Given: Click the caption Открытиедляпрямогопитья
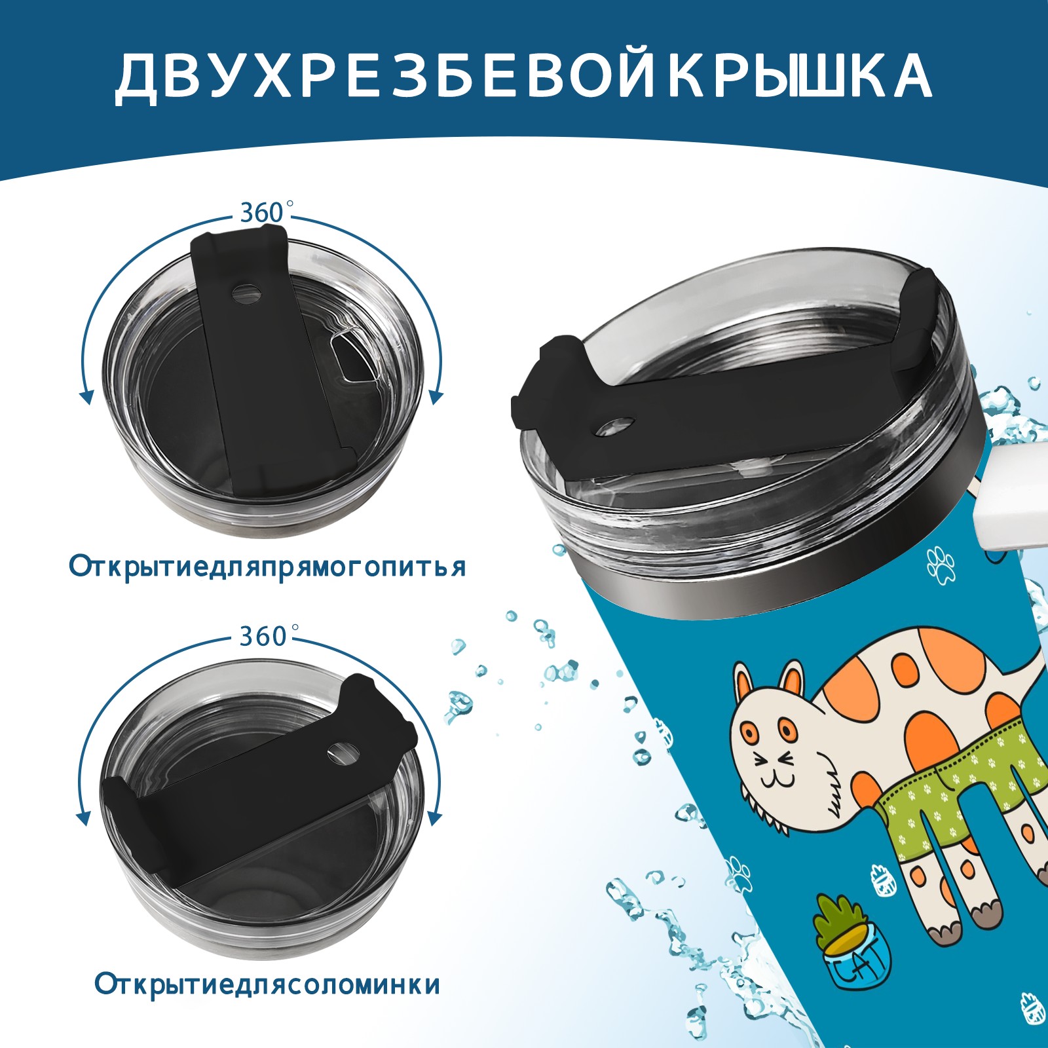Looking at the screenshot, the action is click(x=267, y=567).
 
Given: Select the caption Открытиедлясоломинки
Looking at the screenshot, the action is click(x=267, y=985).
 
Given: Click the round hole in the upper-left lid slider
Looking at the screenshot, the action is click(x=246, y=292).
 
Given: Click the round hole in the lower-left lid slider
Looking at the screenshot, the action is click(x=340, y=753).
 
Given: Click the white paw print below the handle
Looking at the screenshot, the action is click(x=941, y=565).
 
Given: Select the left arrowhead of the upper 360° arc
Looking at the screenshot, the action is click(x=86, y=396).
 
